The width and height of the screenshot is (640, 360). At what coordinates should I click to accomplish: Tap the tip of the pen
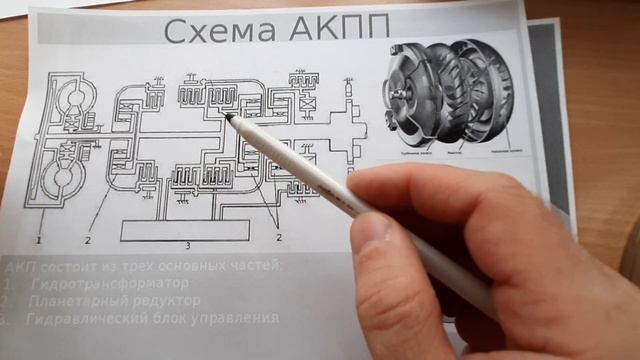pyautogui.click(x=230, y=117)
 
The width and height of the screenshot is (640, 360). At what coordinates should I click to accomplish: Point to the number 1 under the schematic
pyautogui.click(x=38, y=241)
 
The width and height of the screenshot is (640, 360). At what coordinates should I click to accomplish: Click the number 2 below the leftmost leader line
pyautogui.click(x=87, y=241)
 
